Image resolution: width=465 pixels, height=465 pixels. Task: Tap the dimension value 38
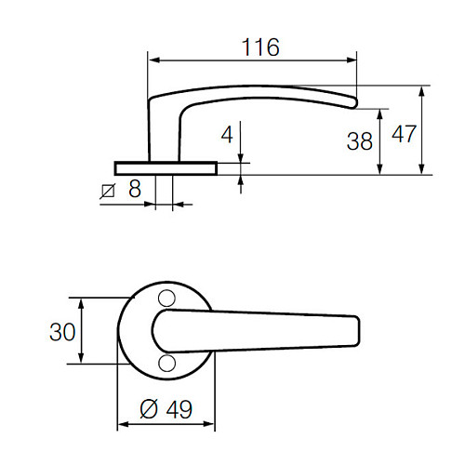(x=359, y=141)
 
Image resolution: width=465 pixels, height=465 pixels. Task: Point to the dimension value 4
(x=227, y=134)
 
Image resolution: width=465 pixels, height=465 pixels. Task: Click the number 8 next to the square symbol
(x=135, y=190)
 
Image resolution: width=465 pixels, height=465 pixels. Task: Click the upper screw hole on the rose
(x=167, y=298)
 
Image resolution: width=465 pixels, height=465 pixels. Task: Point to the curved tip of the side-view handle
(x=352, y=100)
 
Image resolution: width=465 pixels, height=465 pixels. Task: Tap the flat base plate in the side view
(x=166, y=167)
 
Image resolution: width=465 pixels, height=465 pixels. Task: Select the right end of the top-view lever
(x=356, y=330)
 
